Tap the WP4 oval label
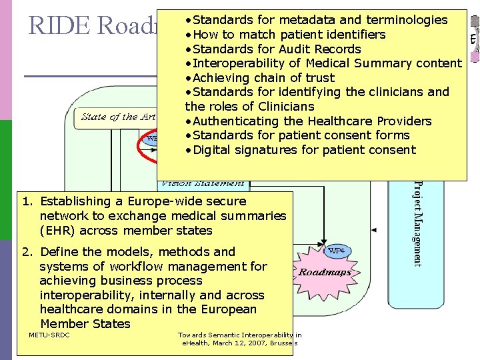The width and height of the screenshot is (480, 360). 337,251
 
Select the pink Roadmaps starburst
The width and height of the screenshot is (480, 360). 325,272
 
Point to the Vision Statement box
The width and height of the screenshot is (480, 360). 201,182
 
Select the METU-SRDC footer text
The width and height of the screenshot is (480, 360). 49,335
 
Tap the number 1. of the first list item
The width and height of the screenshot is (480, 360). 27,201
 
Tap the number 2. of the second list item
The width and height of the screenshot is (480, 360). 27,252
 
